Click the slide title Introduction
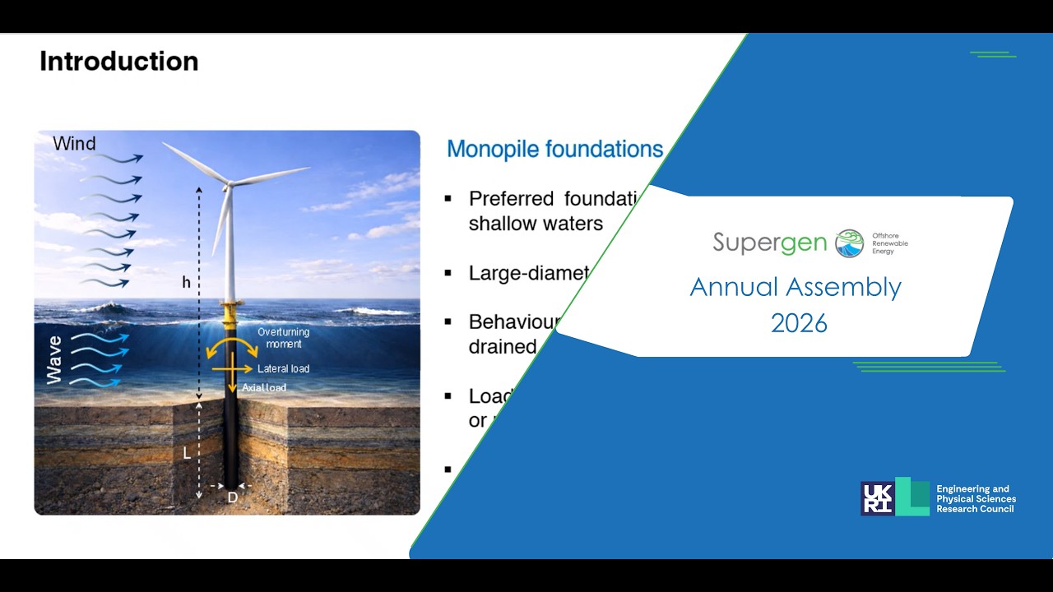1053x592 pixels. pyautogui.click(x=118, y=62)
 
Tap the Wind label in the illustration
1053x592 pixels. pyautogui.click(x=74, y=144)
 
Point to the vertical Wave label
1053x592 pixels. pyautogui.click(x=54, y=359)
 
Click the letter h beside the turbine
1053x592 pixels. pyautogui.click(x=186, y=283)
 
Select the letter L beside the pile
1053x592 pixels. pyautogui.click(x=187, y=453)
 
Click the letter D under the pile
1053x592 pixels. pyautogui.click(x=232, y=497)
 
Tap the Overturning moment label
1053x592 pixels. pyautogui.click(x=283, y=338)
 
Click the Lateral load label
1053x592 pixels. pyautogui.click(x=283, y=368)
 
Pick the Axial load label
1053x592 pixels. pyautogui.click(x=264, y=387)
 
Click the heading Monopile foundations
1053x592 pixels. pyautogui.click(x=554, y=150)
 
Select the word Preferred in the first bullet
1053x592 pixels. pyautogui.click(x=510, y=198)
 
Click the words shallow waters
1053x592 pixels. pyautogui.click(x=536, y=224)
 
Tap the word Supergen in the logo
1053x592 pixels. pyautogui.click(x=769, y=243)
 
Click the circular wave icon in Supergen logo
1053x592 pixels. pyautogui.click(x=849, y=243)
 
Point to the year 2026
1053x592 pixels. pyautogui.click(x=799, y=323)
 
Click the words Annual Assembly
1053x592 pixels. pyautogui.click(x=796, y=287)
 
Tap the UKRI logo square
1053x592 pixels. pyautogui.click(x=877, y=497)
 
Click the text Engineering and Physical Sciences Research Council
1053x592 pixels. pyautogui.click(x=976, y=499)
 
